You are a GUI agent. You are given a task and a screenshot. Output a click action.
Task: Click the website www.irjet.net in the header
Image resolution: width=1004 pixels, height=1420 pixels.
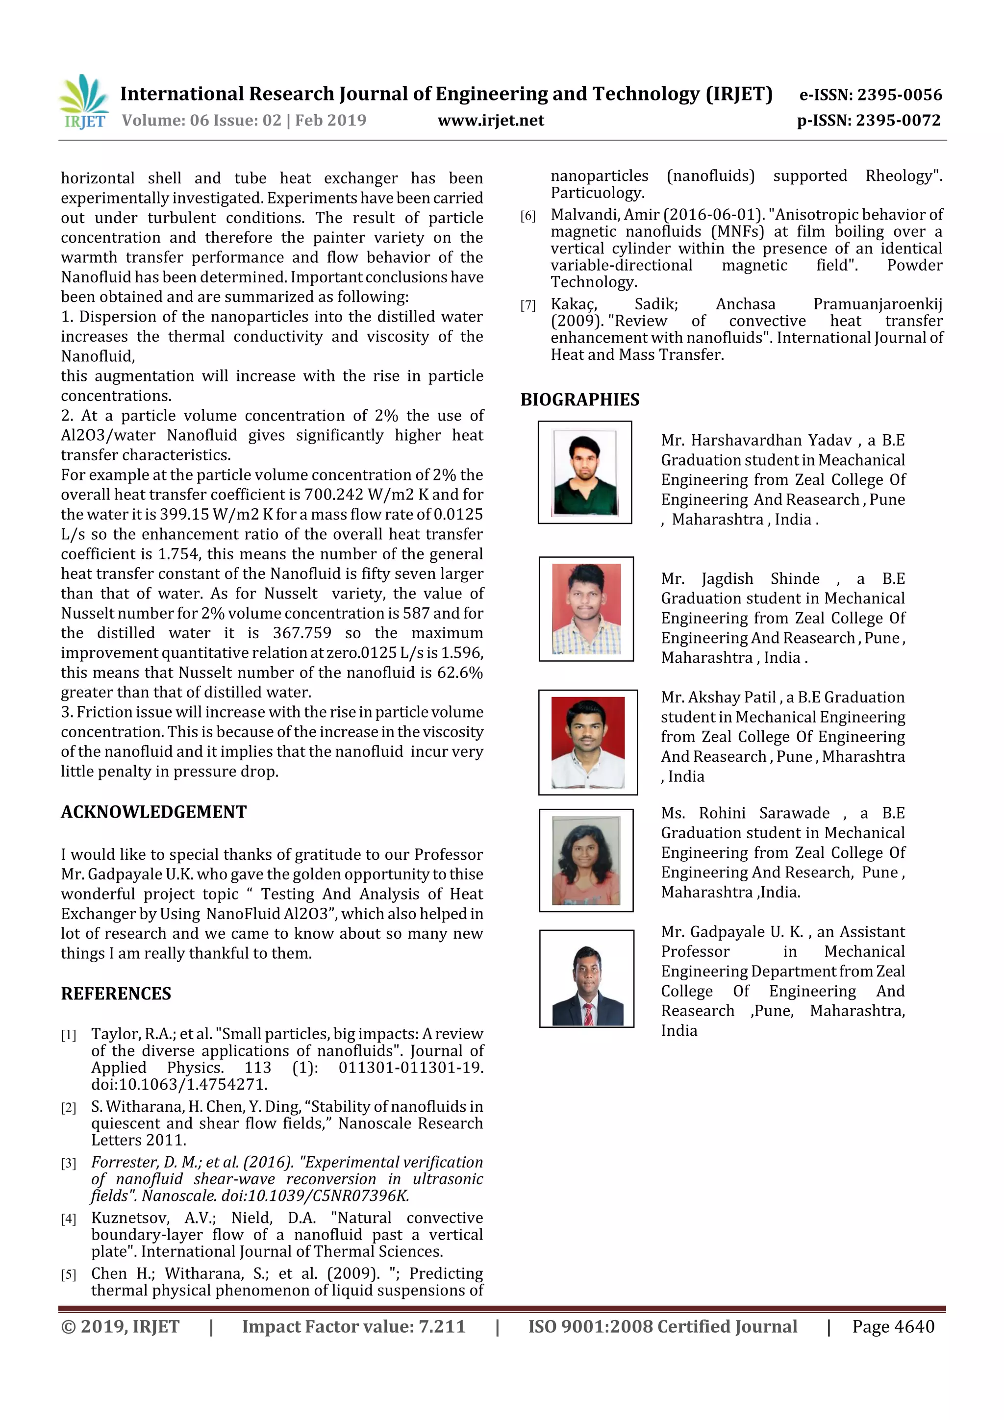coord(491,121)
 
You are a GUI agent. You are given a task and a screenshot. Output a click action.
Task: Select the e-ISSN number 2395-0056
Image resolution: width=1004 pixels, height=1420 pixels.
coord(899,95)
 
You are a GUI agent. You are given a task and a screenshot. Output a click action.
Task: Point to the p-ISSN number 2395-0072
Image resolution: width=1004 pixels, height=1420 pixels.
coord(898,121)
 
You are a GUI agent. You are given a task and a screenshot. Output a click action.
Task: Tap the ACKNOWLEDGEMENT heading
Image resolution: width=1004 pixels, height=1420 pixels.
coord(153,812)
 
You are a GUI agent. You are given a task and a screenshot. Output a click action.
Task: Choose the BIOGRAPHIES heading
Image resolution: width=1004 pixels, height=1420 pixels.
coord(579,399)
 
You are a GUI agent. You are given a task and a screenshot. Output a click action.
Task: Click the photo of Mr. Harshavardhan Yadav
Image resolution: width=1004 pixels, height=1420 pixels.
coord(584,473)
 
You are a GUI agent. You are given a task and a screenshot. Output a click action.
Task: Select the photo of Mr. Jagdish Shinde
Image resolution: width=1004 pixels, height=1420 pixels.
coord(586,609)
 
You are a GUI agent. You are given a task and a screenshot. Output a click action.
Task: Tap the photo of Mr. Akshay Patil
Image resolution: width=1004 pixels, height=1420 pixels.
coord(587,742)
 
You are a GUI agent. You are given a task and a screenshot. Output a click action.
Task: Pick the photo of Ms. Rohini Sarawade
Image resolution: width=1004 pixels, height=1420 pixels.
coord(586,860)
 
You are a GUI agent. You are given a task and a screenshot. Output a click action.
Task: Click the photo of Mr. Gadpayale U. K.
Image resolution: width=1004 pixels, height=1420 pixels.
coord(586,978)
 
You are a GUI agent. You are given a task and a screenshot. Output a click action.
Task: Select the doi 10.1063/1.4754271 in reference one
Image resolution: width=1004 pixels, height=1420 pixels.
coord(179,1084)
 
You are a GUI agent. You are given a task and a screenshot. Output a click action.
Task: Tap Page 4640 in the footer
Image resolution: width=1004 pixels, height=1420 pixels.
coord(893,1326)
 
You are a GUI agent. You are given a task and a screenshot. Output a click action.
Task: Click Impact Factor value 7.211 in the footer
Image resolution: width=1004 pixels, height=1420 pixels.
coord(353,1326)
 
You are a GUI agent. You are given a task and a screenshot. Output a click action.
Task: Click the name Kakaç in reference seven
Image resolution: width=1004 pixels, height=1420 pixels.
coord(574,304)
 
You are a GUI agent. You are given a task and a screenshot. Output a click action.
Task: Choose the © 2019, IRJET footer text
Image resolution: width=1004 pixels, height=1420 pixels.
coord(120,1326)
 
